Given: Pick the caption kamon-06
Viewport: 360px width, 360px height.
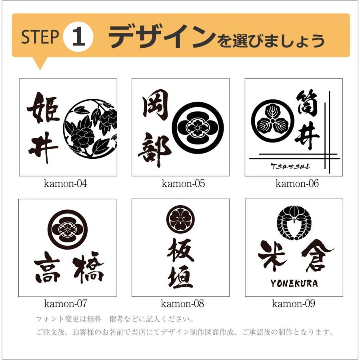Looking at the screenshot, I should tap(297, 184).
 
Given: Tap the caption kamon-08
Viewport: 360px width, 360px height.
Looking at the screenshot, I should tap(182, 304).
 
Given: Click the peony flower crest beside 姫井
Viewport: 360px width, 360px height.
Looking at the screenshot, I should tap(90, 128).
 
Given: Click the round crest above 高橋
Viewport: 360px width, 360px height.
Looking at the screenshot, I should tap(67, 229).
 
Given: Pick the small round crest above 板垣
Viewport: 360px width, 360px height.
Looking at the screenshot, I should tap(181, 219).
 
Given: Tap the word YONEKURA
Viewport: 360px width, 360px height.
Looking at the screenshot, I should tap(294, 283).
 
